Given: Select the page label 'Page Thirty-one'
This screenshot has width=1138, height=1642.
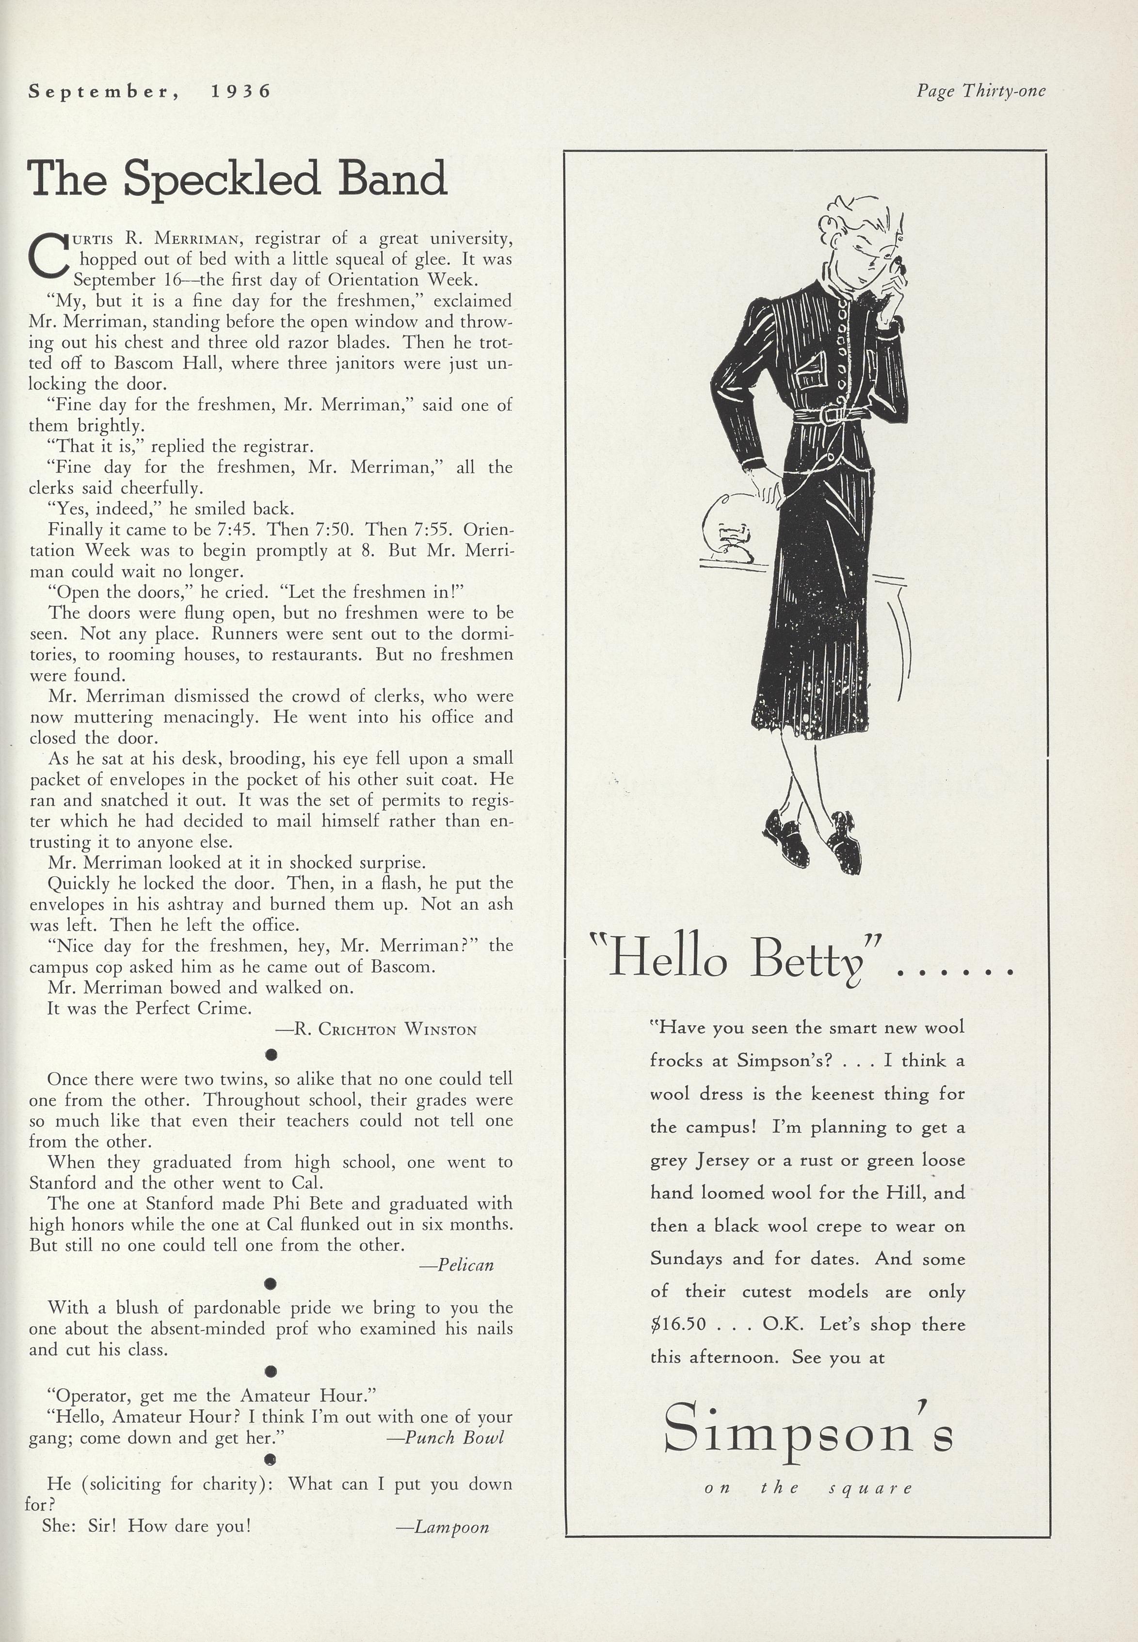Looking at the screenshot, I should (981, 91).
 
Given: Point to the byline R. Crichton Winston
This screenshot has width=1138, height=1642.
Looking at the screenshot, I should (376, 1029).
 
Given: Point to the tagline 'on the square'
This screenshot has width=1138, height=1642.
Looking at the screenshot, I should (808, 1488).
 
